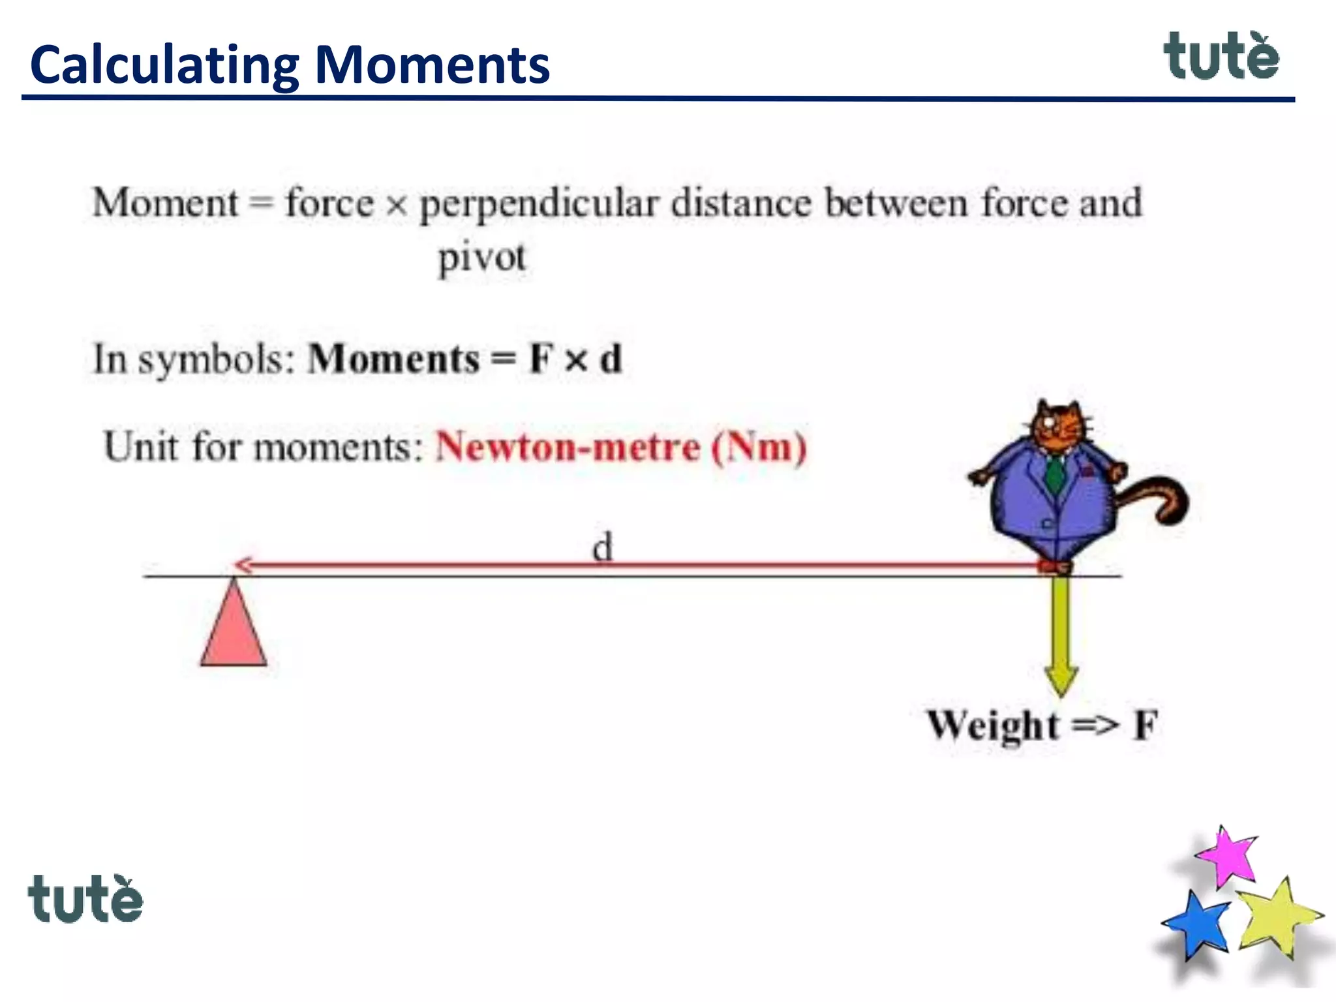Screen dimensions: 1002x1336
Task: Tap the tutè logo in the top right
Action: point(1221,57)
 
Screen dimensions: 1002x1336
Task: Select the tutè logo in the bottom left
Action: point(85,899)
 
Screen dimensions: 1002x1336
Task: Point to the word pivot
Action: point(481,258)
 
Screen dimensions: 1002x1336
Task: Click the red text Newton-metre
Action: point(568,448)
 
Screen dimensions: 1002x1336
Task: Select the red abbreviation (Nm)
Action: point(759,448)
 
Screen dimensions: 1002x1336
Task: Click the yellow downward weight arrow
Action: point(1061,633)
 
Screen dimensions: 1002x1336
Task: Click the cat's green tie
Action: point(1055,473)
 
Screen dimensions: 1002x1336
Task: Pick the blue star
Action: point(1198,925)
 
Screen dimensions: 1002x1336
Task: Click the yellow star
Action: point(1275,917)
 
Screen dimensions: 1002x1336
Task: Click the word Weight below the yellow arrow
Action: point(993,725)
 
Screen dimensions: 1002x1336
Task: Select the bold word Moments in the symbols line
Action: point(394,359)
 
